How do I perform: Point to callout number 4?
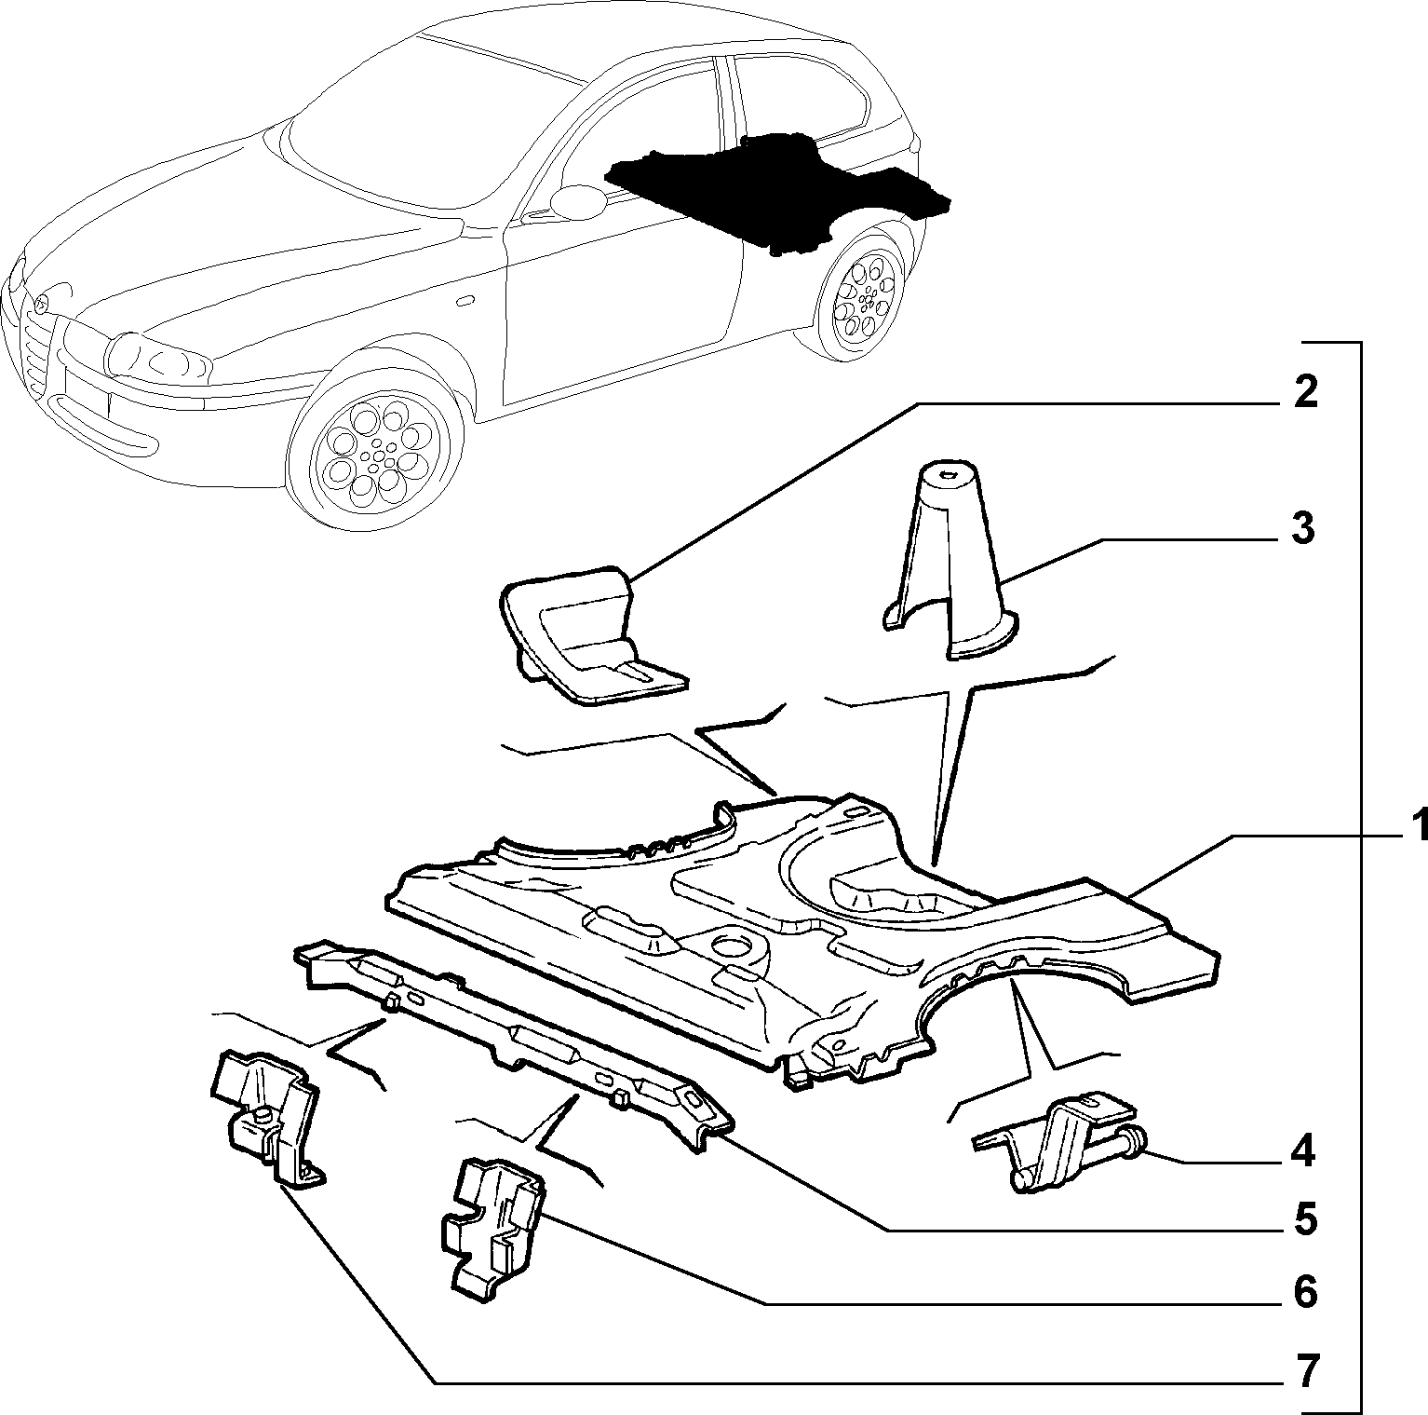pyautogui.click(x=1303, y=1152)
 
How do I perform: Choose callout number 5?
pyautogui.click(x=1304, y=1218)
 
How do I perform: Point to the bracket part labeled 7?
pyautogui.click(x=265, y=1119)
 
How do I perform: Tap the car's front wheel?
pyautogui.click(x=375, y=452)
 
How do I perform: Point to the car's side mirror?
pyautogui.click(x=578, y=200)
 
